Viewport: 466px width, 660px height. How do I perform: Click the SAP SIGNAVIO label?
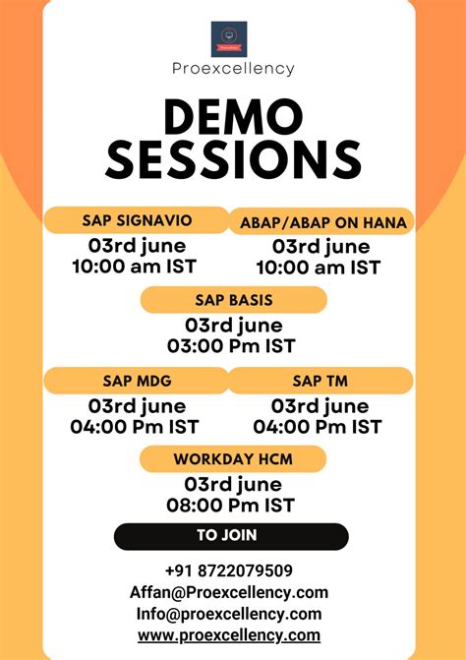pos(137,219)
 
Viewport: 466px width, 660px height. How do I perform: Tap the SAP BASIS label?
pos(233,300)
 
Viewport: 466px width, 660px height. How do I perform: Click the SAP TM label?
pos(320,380)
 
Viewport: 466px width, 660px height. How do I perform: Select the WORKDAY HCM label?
pos(233,458)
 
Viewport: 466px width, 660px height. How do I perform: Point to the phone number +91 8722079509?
pos(229,570)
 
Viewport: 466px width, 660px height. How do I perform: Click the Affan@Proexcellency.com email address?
pos(229,592)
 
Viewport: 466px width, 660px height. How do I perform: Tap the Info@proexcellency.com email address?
pos(229,614)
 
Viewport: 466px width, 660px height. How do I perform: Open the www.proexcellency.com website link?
pos(229,635)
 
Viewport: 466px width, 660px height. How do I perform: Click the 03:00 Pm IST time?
pos(232,346)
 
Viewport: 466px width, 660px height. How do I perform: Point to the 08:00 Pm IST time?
pos(232,506)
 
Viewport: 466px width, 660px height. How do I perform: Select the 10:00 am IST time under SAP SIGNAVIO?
pos(134,267)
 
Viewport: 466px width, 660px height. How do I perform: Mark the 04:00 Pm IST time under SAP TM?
pos(318,427)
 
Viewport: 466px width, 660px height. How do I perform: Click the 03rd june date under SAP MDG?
pos(134,405)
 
